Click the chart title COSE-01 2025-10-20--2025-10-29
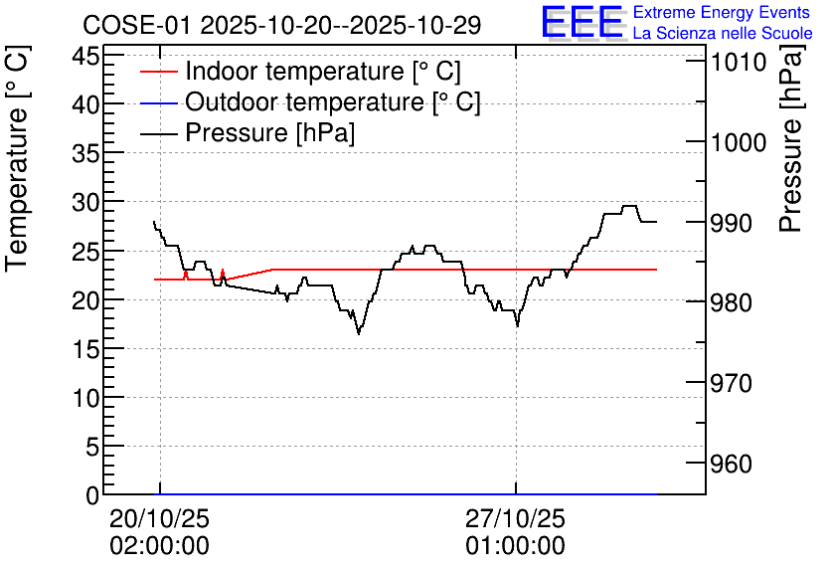tap(282, 25)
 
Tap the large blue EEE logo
tap(582, 21)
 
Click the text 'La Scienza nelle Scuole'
tap(723, 33)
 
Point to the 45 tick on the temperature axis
tap(85, 56)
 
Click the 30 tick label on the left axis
tap(85, 202)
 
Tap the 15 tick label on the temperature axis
tap(85, 349)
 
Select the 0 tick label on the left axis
tap(93, 495)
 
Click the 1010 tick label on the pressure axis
tap(739, 62)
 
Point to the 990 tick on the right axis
tap(732, 223)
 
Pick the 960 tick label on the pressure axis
tap(732, 464)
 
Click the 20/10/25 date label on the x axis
tap(159, 518)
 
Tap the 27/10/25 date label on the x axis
tap(516, 518)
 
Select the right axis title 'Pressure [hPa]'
tap(790, 138)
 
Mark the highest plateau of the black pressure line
tap(629, 206)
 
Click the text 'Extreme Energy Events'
tap(722, 12)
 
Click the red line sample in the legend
tap(158, 72)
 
